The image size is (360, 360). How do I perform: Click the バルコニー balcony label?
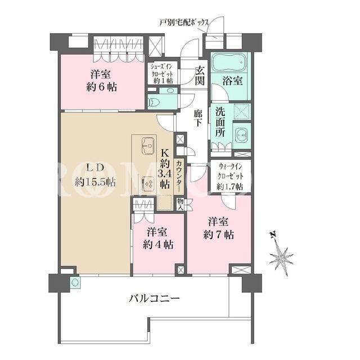(x=154, y=299)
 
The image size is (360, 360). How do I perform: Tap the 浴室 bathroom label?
(x=232, y=80)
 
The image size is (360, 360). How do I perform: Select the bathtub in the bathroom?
(x=229, y=62)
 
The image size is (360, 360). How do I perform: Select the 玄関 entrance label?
(x=200, y=76)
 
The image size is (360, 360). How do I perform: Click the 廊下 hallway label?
(x=197, y=118)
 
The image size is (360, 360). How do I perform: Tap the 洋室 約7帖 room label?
(x=218, y=228)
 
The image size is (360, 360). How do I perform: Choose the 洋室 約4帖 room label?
(x=157, y=238)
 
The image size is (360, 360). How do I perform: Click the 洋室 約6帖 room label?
(x=101, y=80)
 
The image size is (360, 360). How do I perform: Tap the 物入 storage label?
(x=180, y=204)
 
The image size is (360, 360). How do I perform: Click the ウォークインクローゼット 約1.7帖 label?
(x=230, y=177)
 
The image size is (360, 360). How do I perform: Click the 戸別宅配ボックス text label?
(x=184, y=22)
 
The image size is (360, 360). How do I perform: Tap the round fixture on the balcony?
(x=75, y=282)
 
